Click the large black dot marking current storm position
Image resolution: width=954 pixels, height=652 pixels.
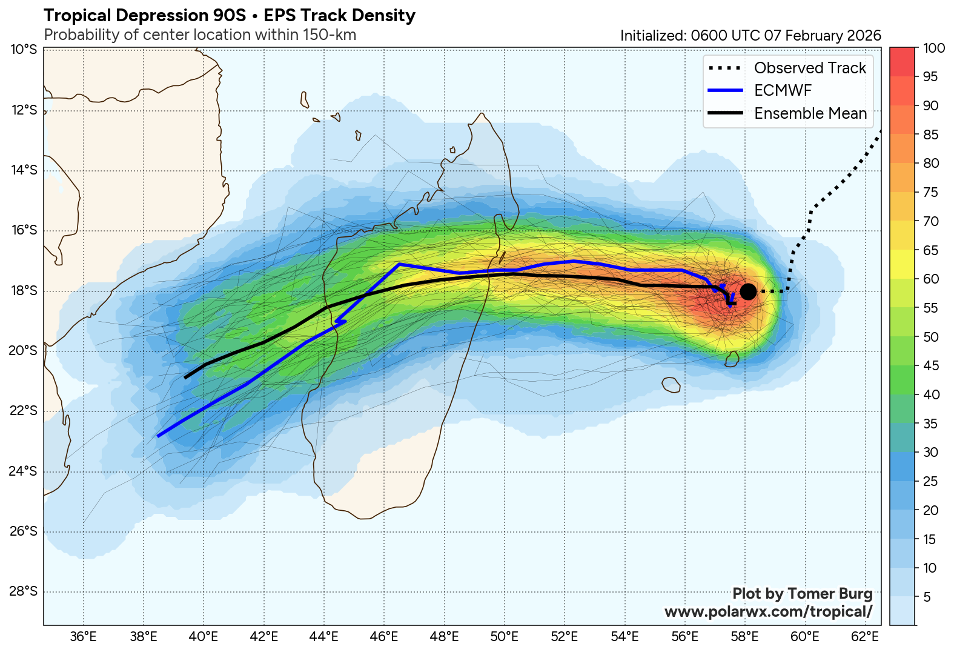(x=747, y=291)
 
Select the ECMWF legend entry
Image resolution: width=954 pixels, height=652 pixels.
(x=783, y=90)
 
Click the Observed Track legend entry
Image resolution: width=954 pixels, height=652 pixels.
(x=810, y=68)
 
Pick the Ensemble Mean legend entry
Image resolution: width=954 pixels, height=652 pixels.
(x=810, y=113)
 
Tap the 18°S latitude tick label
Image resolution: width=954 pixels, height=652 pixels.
(x=24, y=291)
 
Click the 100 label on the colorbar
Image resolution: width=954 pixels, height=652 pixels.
(x=933, y=48)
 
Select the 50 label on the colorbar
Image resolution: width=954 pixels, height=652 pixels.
(x=930, y=337)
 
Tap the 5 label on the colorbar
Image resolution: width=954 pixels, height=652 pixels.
(x=926, y=597)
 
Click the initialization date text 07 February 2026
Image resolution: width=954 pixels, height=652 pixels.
(x=822, y=36)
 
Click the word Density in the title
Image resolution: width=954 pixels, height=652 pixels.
(x=385, y=16)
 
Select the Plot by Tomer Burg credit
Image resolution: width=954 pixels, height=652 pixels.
(x=802, y=594)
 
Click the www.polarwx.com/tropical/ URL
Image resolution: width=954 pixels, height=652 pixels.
(x=768, y=612)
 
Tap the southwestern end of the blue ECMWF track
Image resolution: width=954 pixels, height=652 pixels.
(x=158, y=436)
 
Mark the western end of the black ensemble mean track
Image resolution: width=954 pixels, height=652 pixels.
(x=185, y=378)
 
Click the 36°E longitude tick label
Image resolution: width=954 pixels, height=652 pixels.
(x=83, y=636)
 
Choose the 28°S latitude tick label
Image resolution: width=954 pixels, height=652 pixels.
(x=24, y=591)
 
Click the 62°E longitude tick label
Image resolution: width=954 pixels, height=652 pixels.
(x=864, y=636)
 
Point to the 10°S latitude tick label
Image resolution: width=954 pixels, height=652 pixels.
(x=24, y=49)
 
